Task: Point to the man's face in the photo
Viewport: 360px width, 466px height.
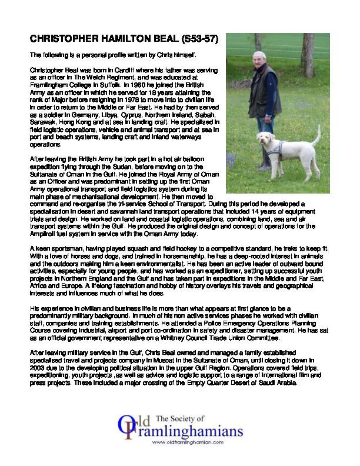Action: (259, 60)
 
